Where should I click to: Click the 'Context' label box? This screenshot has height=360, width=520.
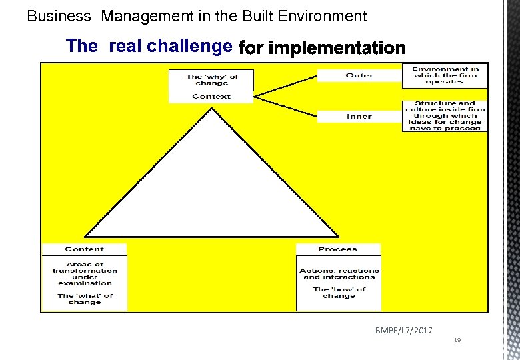tap(211, 97)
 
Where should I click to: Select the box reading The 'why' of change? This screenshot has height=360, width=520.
tap(211, 79)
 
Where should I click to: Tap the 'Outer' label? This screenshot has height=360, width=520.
tap(359, 75)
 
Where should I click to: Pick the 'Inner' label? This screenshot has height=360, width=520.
tap(359, 117)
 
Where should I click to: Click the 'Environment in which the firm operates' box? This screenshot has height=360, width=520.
tap(445, 75)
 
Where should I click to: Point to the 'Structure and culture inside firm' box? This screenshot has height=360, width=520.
tap(445, 116)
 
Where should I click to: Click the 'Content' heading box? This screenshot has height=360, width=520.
tap(84, 249)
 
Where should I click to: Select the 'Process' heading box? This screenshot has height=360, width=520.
tap(338, 249)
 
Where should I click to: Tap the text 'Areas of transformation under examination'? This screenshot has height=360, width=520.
tap(85, 273)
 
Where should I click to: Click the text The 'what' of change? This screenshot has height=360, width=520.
tap(85, 299)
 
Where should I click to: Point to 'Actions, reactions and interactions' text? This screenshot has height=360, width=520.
tap(339, 273)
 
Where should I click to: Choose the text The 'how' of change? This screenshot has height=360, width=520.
tap(339, 293)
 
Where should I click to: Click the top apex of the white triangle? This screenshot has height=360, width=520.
tap(212, 109)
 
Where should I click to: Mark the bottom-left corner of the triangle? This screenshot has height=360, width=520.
tap(85, 237)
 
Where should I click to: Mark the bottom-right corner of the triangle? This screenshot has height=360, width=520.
tap(338, 237)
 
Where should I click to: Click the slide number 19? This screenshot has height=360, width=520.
tap(457, 340)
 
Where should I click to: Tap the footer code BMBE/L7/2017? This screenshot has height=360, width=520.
tap(403, 331)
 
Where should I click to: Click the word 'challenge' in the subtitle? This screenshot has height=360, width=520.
tap(189, 46)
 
